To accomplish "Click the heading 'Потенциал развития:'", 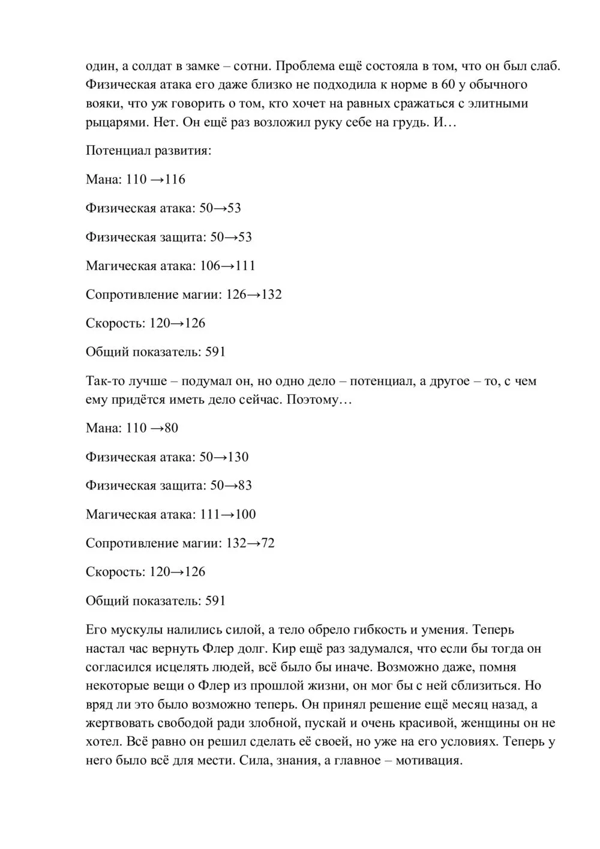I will click(x=148, y=151).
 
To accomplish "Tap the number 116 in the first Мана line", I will click(x=175, y=179).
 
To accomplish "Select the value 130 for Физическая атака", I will click(x=238, y=457).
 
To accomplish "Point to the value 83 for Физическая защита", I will click(x=245, y=485).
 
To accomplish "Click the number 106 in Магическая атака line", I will click(x=210, y=266).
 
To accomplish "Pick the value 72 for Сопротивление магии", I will click(x=268, y=543).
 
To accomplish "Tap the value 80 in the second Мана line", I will click(x=171, y=428).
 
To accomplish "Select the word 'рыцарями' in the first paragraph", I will click(x=114, y=122).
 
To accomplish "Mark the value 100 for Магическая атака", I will click(x=245, y=514).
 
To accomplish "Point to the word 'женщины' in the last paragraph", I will click(x=509, y=723).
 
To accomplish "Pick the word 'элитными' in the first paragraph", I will click(x=504, y=103).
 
